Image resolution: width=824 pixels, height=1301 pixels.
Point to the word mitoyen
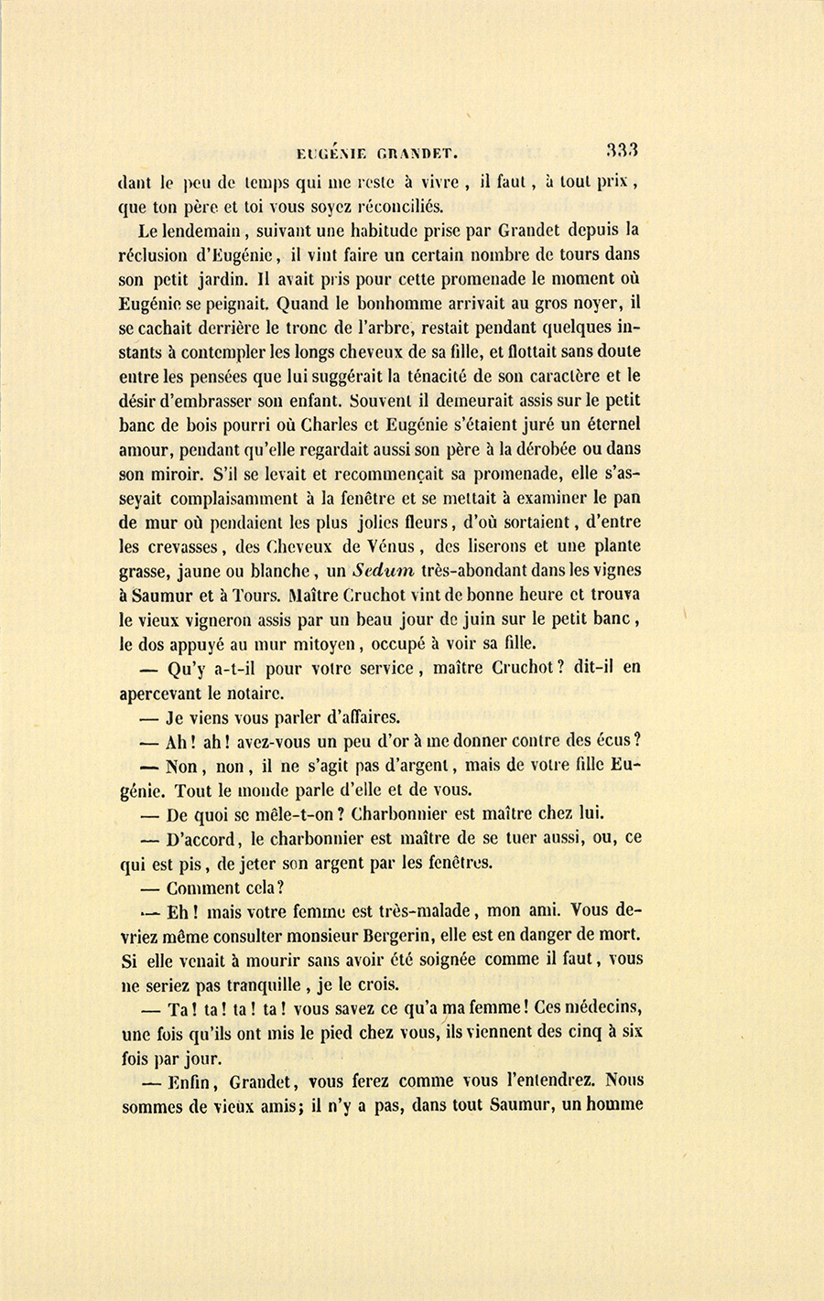pos(337,643)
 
